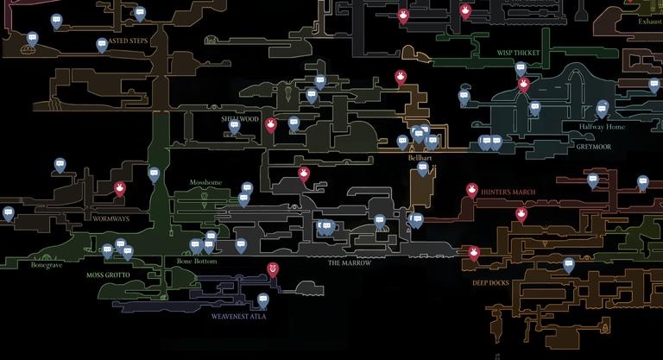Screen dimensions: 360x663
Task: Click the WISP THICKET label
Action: (x=518, y=53)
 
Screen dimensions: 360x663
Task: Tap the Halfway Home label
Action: (x=602, y=127)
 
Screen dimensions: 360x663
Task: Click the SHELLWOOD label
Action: (x=239, y=119)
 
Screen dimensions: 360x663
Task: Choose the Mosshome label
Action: (x=205, y=183)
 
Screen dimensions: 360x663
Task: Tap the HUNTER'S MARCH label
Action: (x=510, y=192)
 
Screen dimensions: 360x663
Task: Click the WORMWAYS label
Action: (x=111, y=218)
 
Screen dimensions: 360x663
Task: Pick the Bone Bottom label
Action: (x=197, y=261)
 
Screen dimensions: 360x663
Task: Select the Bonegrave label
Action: (x=47, y=265)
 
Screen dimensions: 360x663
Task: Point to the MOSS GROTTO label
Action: (x=108, y=275)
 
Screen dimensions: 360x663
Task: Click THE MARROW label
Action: (x=350, y=263)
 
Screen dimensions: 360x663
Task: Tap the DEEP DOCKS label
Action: (x=490, y=282)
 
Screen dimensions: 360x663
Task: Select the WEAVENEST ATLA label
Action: (x=239, y=317)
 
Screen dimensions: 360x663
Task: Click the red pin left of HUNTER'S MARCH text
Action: (x=472, y=190)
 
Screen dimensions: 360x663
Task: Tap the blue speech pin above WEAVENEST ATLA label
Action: (x=263, y=300)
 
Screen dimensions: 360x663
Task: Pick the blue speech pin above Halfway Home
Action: (x=602, y=108)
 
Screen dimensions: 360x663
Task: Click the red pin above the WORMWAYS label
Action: (x=120, y=188)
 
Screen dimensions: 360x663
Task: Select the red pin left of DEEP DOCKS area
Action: (x=474, y=252)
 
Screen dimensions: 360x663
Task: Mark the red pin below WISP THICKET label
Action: (x=523, y=84)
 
